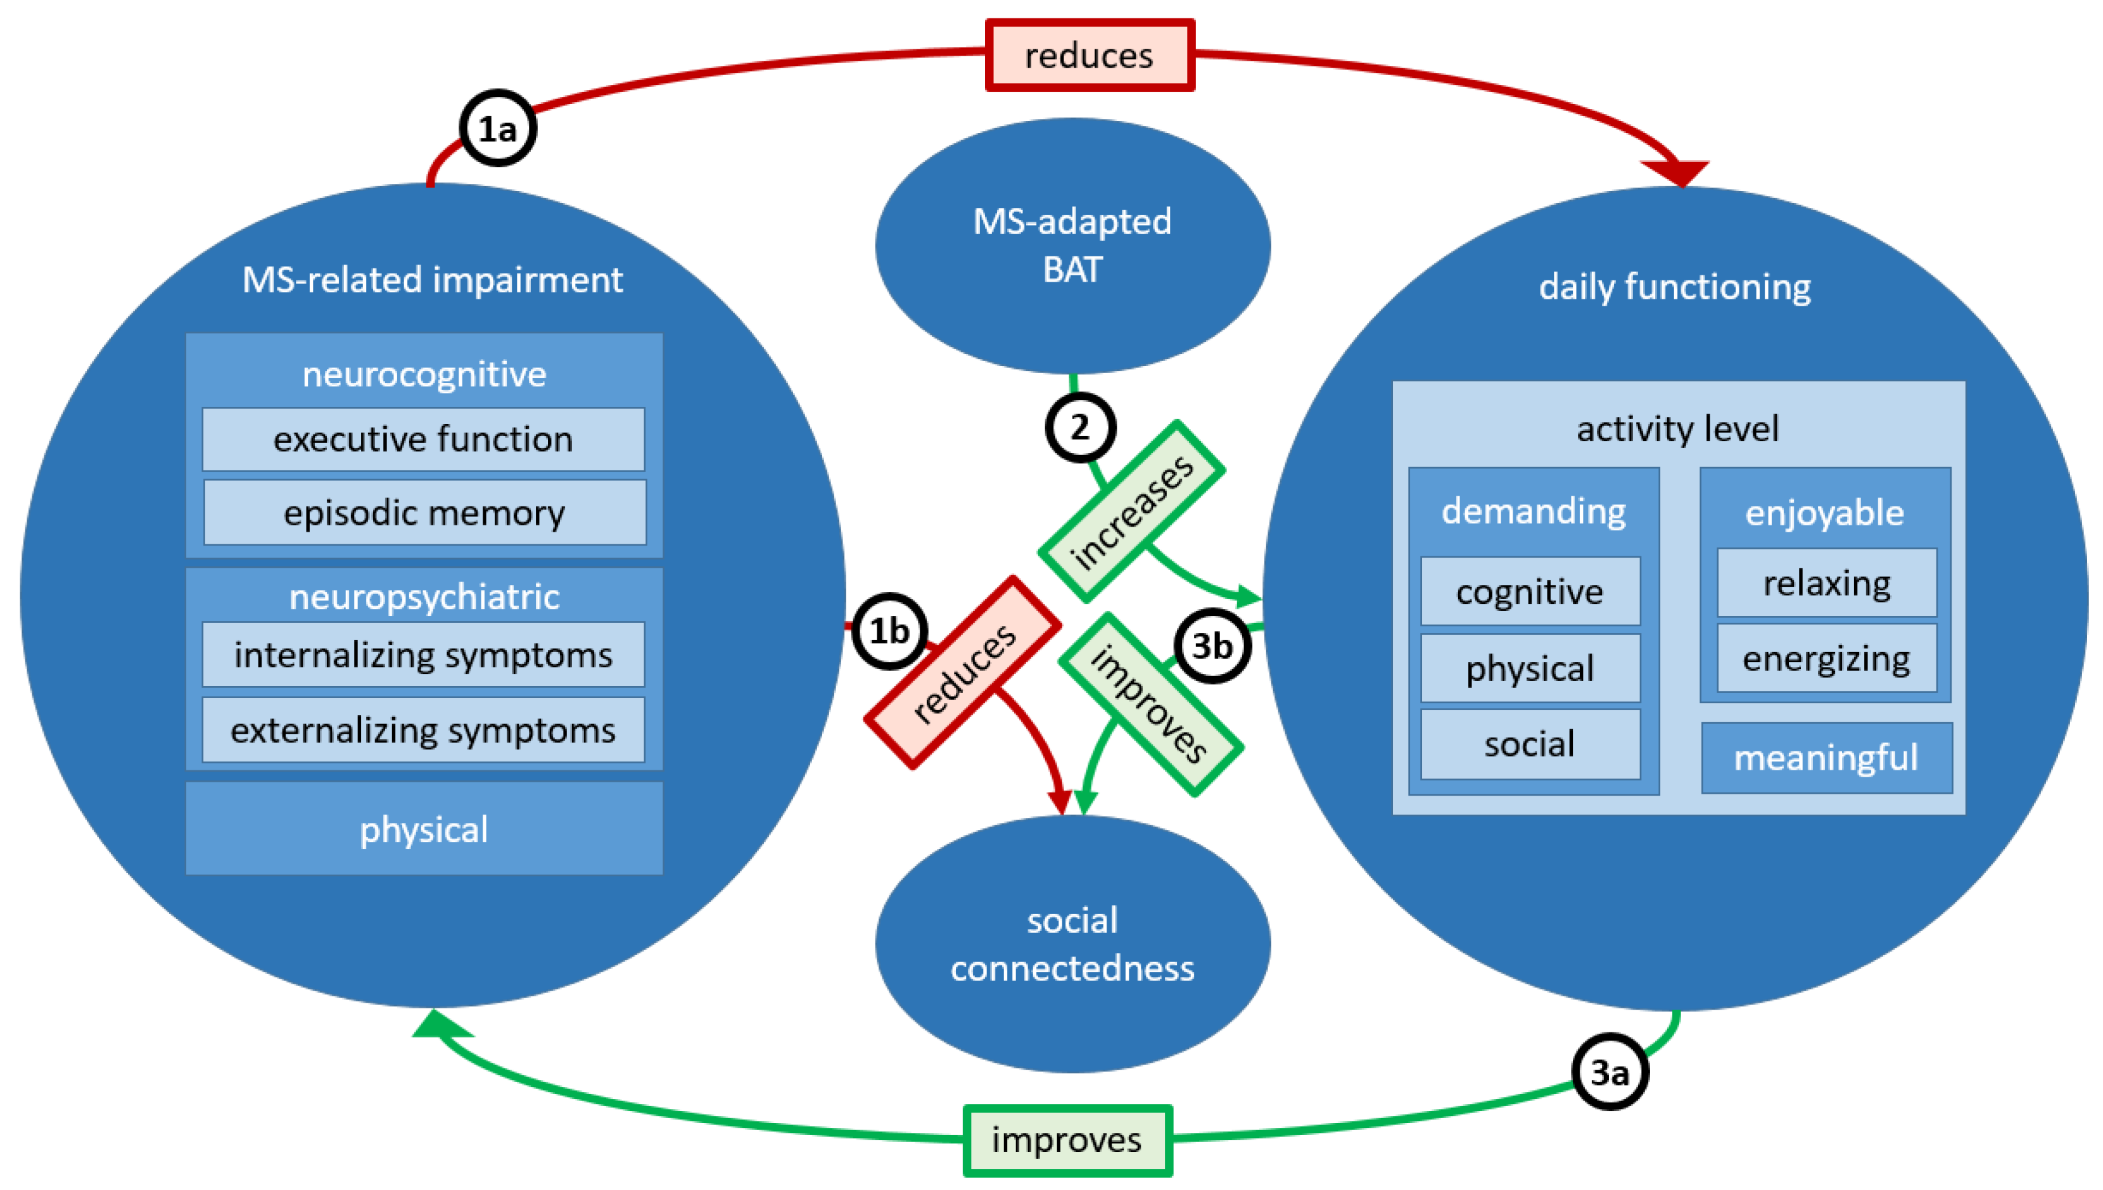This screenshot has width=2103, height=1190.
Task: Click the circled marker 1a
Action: tap(497, 128)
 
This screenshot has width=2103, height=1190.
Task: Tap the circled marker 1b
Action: tap(889, 631)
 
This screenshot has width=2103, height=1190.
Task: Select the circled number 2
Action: tap(1080, 427)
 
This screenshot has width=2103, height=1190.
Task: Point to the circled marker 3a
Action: tap(1609, 1072)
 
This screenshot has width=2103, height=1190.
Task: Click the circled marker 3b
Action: tap(1212, 646)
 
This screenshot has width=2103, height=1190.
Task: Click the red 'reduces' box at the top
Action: tap(1089, 56)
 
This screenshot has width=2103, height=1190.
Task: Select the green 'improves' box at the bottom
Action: tap(1067, 1139)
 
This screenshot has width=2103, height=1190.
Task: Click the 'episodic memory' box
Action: tap(424, 513)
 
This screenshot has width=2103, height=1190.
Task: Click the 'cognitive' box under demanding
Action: tap(1529, 591)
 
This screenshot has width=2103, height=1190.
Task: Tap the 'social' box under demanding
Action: tap(1529, 744)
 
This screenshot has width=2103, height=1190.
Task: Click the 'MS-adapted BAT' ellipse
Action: tap(1072, 245)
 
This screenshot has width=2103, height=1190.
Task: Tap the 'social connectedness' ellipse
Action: tap(1072, 944)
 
